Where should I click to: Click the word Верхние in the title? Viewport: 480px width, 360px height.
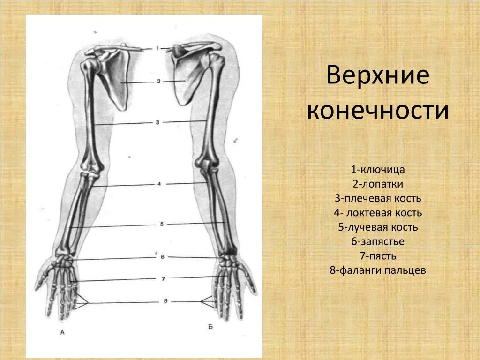pos(378,76)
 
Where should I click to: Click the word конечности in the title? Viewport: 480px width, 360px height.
pos(378,112)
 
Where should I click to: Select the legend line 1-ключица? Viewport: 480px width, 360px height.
pos(378,169)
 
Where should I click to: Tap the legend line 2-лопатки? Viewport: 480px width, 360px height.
pos(378,184)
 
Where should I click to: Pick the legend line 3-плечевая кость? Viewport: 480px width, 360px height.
pos(378,198)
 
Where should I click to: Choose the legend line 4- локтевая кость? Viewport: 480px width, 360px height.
pos(378,213)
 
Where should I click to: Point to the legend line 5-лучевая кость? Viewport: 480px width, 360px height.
pos(378,227)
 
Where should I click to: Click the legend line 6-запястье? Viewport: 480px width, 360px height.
pos(378,241)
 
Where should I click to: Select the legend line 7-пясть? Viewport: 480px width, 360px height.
pos(378,256)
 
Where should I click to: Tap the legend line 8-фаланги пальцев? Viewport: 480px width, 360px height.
pos(378,270)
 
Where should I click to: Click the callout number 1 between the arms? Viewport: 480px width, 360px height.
pos(158,48)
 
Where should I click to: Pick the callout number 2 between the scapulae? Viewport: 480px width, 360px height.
pos(158,81)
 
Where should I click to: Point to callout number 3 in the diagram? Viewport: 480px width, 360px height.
pos(158,122)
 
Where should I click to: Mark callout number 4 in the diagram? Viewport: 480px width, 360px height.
pos(159,184)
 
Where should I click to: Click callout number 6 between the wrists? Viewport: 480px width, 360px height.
pos(161,257)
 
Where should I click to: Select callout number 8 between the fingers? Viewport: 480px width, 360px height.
pos(165,301)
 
